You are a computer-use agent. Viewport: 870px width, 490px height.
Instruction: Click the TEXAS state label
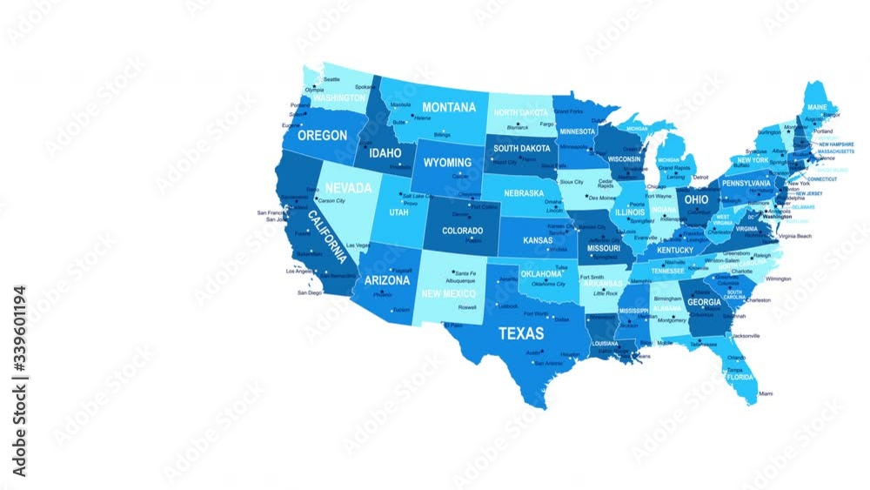(521, 332)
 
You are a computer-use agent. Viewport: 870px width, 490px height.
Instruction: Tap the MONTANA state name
(449, 107)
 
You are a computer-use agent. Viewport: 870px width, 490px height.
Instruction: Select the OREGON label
(322, 136)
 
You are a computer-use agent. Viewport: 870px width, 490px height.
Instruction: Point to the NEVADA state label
(348, 188)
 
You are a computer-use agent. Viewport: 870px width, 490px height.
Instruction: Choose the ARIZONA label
(387, 280)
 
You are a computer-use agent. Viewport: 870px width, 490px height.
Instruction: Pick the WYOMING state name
(447, 163)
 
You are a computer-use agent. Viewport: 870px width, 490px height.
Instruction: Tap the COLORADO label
(462, 231)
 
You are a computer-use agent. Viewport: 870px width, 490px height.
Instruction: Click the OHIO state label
(697, 199)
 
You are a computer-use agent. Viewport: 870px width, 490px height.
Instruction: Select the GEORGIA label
(704, 302)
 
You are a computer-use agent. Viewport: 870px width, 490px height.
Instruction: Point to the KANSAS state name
(538, 240)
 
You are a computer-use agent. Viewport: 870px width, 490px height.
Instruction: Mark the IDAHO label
(385, 153)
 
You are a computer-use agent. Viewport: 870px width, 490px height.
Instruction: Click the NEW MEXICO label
(448, 293)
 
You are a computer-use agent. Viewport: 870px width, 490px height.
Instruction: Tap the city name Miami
(766, 393)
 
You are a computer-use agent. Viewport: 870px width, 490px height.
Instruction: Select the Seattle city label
(331, 79)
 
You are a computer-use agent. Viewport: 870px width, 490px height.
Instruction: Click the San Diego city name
(310, 292)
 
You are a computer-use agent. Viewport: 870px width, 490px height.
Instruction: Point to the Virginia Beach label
(795, 236)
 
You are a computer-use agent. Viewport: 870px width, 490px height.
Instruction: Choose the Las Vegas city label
(358, 245)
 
